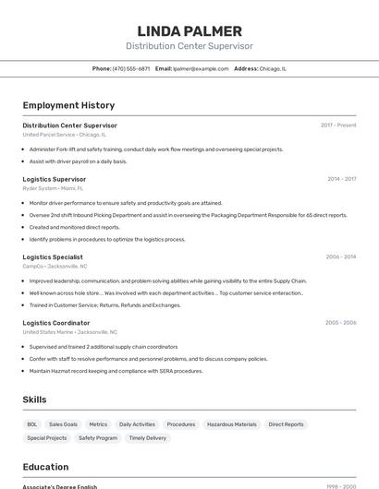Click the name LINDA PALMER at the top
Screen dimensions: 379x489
[x=189, y=30]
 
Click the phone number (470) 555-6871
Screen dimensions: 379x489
[x=131, y=68]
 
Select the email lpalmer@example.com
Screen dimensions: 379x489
[x=201, y=68]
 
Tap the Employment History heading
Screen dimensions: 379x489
[x=68, y=105]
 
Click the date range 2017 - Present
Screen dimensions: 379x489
[x=338, y=125]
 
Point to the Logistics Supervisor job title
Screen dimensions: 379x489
[x=55, y=179]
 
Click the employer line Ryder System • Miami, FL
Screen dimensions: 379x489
[x=53, y=187]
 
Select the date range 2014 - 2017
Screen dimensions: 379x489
[x=341, y=179]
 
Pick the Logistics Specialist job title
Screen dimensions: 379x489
[x=53, y=257]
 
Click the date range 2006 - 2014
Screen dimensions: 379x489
[x=341, y=257]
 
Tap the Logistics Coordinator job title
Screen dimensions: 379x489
[x=56, y=323]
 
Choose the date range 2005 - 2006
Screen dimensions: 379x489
[x=340, y=323]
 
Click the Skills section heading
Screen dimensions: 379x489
[x=34, y=400]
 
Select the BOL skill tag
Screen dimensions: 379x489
[x=32, y=424]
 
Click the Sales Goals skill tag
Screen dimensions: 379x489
[x=63, y=424]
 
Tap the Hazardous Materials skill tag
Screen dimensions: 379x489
[x=232, y=424]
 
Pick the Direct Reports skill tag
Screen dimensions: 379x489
[x=286, y=424]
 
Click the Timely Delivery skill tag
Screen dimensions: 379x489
[x=148, y=438]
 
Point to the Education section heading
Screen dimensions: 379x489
[x=45, y=467]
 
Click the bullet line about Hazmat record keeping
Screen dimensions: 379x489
[x=116, y=371]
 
